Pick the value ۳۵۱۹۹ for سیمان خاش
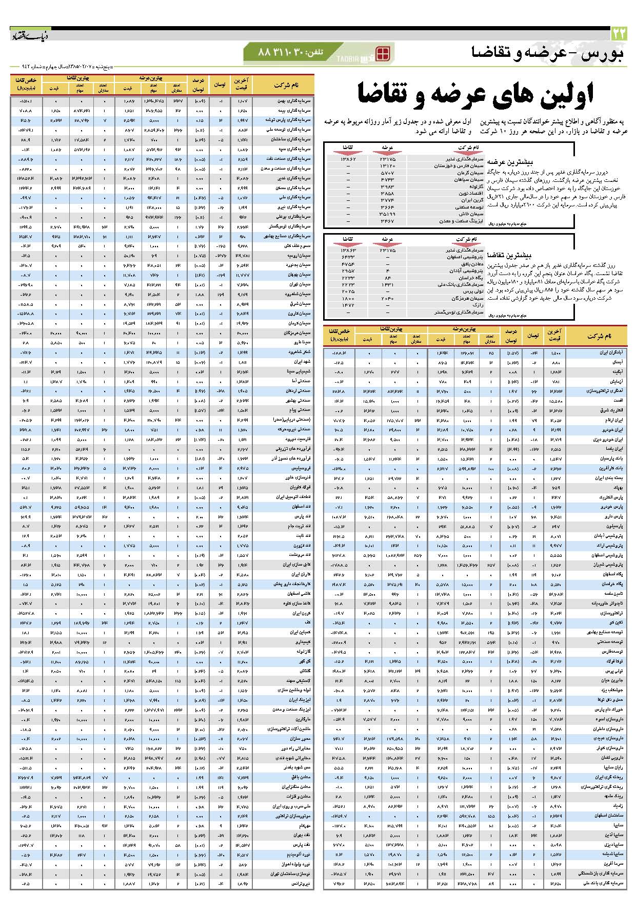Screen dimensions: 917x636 coord(387,214)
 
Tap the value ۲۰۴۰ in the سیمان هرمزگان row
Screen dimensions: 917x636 coord(387,298)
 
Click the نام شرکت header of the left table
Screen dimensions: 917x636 coord(286,85)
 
